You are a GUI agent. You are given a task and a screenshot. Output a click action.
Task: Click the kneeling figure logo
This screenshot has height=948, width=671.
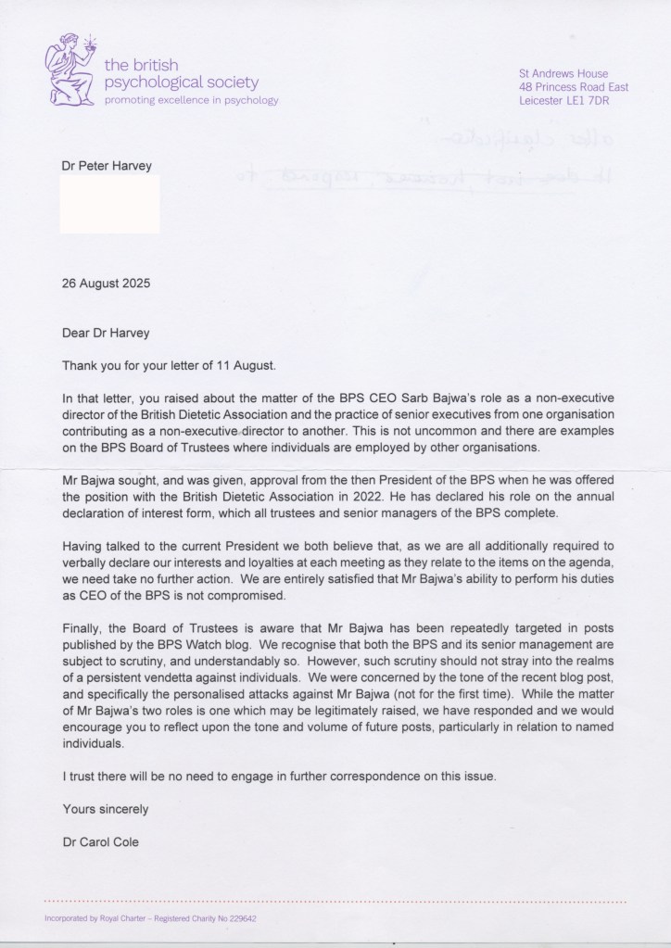coord(70,70)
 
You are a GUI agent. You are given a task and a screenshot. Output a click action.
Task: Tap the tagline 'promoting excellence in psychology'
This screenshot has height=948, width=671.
coord(191,99)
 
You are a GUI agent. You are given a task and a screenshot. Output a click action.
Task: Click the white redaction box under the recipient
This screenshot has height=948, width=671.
coord(109,203)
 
